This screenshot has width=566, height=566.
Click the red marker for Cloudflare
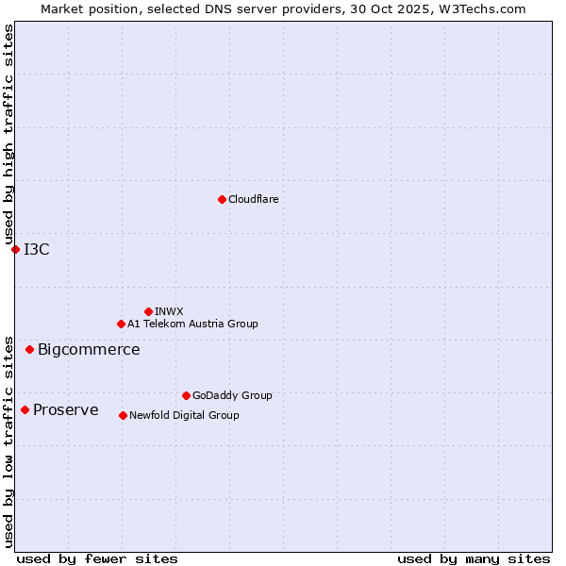pos(222,199)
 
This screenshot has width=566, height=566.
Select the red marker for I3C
pos(15,249)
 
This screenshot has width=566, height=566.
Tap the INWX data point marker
pos(148,311)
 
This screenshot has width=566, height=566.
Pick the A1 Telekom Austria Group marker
pos(121,324)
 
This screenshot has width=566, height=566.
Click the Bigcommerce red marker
pos(29,349)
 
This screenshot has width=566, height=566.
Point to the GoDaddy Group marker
pos(186,395)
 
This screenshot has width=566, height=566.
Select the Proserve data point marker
pos(25,409)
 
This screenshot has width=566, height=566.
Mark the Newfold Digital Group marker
pos(123,415)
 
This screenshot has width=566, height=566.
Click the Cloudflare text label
pos(253,199)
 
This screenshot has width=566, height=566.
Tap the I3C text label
pos(37,249)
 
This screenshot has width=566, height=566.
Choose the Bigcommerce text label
pos(89,350)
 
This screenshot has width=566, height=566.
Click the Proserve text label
pos(65,409)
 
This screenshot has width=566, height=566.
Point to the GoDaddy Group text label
pos(232,395)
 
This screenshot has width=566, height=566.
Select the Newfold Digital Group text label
pos(184,415)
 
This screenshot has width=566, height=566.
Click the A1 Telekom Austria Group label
pos(192,324)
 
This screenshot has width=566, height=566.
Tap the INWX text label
pos(169,311)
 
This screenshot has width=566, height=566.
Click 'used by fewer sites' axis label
pos(97,558)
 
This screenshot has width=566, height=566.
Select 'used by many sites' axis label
pos(474,558)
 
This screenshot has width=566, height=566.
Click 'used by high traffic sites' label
pos(9,134)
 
